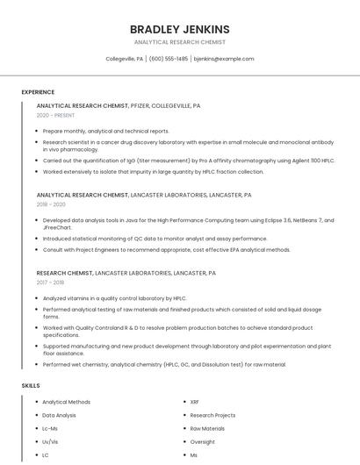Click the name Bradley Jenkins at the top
(x=180, y=29)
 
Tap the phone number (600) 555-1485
(x=169, y=59)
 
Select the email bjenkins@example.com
(x=223, y=59)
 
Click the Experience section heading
(x=38, y=92)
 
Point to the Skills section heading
(x=31, y=385)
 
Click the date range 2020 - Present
(x=55, y=116)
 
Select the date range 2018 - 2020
(x=52, y=204)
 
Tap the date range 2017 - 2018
(x=50, y=283)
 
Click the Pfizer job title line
(x=119, y=105)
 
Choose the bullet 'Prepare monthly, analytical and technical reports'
(x=106, y=131)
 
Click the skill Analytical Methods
(x=66, y=402)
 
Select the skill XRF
(x=194, y=402)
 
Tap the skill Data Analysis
(x=59, y=415)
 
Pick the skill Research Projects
(x=212, y=415)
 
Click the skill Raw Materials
(x=207, y=428)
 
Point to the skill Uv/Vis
(x=50, y=441)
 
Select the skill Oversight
(x=202, y=441)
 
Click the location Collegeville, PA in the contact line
(x=124, y=59)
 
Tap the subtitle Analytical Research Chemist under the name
(x=180, y=42)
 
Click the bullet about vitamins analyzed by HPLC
(x=114, y=297)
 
